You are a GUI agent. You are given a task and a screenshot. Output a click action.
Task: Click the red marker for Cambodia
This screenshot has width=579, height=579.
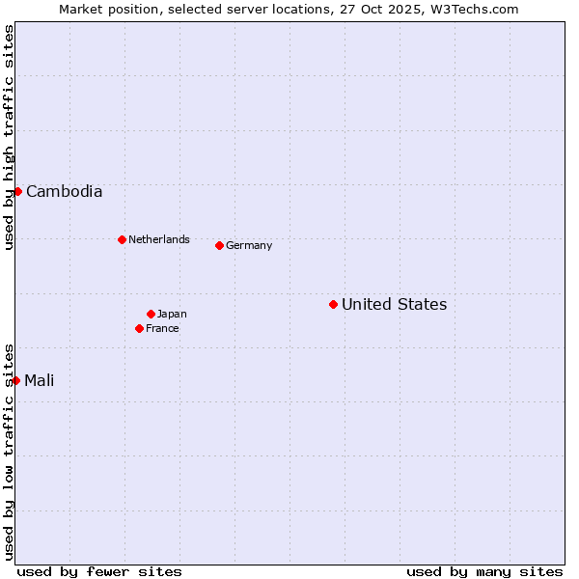pos(17,191)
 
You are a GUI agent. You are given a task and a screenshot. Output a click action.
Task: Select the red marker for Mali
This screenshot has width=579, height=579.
pos(15,380)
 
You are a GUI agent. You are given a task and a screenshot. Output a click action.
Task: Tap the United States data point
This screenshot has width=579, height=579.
pos(333,304)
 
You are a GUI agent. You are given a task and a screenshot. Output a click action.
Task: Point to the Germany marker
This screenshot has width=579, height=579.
pos(219,245)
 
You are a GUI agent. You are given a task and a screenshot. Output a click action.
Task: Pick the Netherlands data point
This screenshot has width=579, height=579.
pos(122,239)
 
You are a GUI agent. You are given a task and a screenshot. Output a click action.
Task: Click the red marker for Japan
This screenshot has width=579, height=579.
pos(151,314)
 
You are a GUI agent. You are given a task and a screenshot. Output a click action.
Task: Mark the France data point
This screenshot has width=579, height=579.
pos(139,328)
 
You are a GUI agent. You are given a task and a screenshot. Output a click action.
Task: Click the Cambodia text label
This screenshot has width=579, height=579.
pos(64,191)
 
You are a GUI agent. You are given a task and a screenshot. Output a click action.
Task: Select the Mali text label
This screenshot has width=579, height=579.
pos(40,380)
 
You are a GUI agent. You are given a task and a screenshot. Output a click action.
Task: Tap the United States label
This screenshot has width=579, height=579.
pos(394,304)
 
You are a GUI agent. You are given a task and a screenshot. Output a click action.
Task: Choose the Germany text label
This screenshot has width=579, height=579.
pos(249,245)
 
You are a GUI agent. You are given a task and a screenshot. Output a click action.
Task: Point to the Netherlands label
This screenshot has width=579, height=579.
pos(159,239)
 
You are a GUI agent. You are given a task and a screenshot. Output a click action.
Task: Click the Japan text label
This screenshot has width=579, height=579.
pos(172,314)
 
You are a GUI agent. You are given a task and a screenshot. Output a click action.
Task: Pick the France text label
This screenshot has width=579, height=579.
pos(162,328)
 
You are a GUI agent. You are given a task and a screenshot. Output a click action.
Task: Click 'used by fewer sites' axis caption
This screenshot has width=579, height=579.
pos(99,571)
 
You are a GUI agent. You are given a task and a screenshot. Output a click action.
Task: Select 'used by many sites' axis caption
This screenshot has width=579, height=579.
pos(484,571)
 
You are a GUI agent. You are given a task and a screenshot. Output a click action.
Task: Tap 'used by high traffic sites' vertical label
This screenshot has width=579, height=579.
pos(9,137)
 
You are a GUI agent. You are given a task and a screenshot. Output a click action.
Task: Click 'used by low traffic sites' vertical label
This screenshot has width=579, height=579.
pos(9,452)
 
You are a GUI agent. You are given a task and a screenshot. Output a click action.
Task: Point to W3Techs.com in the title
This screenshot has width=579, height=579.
pos(474,9)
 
